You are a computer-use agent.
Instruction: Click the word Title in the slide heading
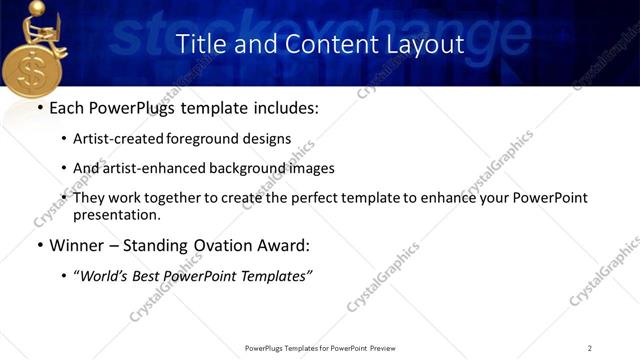click(x=199, y=44)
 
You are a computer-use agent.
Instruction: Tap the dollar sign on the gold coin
click(x=33, y=75)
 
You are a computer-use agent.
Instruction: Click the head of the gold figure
click(x=36, y=9)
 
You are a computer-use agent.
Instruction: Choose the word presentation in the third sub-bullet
click(x=116, y=214)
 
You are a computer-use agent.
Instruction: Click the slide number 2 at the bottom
click(x=590, y=347)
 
